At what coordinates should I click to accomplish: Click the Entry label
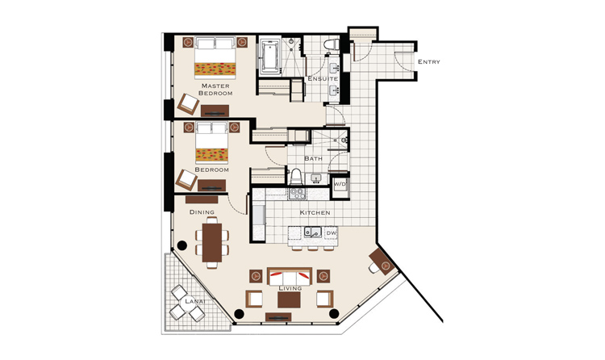tap(428, 62)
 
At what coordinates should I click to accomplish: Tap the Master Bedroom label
tap(215, 90)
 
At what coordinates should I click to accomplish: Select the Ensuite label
tap(323, 78)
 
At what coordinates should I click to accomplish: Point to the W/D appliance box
tap(340, 185)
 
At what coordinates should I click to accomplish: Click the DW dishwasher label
tap(331, 233)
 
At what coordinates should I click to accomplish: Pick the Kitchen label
tap(315, 212)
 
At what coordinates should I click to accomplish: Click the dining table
tap(212, 243)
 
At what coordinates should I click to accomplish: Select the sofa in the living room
tap(290, 277)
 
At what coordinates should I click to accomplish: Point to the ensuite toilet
tap(331, 44)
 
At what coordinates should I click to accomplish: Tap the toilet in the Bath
tap(296, 176)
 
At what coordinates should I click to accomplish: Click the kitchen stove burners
tap(297, 193)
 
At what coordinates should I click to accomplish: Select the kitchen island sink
tap(312, 232)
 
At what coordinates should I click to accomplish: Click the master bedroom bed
tap(215, 57)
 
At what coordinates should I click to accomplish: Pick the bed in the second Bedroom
tap(211, 143)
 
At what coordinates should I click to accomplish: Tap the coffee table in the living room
tap(289, 299)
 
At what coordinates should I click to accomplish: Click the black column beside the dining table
tap(181, 245)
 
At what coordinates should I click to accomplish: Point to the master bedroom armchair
tap(188, 103)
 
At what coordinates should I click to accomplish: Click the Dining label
tap(202, 212)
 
